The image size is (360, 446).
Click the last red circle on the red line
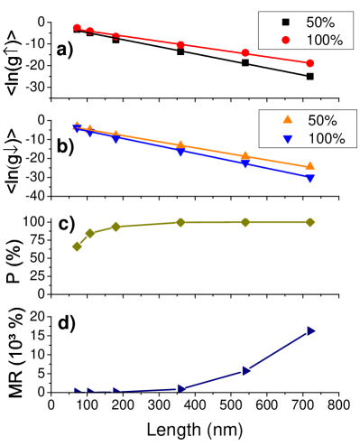(310, 63)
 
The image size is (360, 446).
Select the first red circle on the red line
(77, 28)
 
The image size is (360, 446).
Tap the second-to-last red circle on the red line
(245, 53)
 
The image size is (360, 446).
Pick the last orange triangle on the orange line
(310, 166)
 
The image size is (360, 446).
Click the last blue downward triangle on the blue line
(310, 179)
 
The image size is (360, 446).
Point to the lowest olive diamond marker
(77, 246)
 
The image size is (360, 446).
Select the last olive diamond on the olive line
(310, 222)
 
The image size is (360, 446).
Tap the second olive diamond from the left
(90, 233)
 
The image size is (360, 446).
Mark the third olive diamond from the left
(115, 227)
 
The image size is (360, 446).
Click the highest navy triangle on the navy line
(310, 330)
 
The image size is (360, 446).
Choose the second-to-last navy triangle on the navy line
(245, 370)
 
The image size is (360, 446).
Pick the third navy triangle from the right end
(181, 388)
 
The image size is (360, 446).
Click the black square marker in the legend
(286, 22)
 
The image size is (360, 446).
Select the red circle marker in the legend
(286, 40)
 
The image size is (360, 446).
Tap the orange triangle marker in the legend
(288, 120)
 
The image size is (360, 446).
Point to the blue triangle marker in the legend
(288, 139)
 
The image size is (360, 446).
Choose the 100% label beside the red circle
(325, 40)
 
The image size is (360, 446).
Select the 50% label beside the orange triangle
(322, 120)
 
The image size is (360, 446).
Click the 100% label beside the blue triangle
(326, 139)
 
